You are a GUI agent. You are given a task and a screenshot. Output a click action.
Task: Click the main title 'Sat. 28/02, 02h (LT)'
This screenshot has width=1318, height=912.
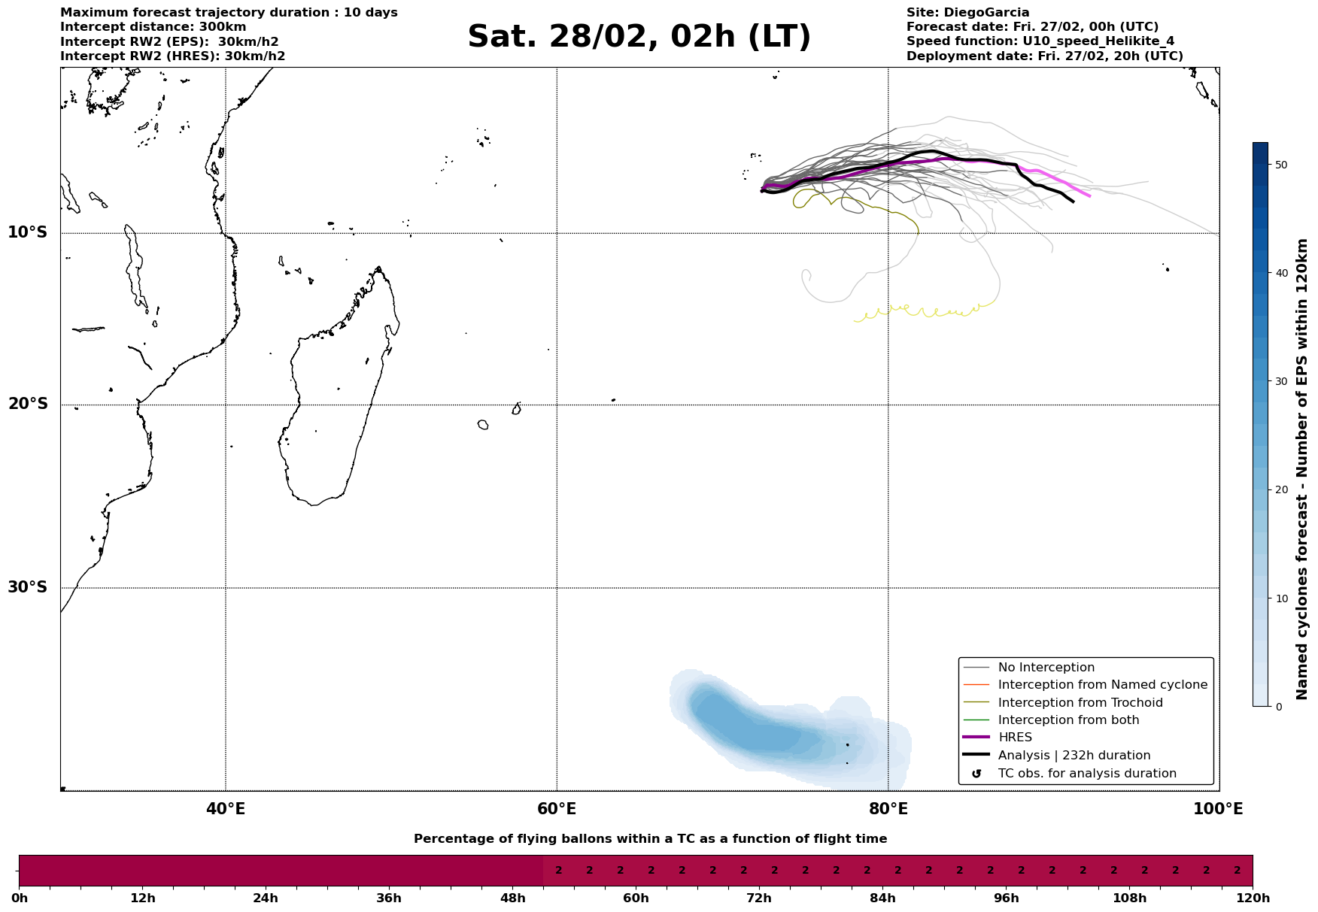pyautogui.click(x=639, y=37)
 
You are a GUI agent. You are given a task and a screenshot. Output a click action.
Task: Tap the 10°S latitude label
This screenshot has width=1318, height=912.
pyautogui.click(x=28, y=232)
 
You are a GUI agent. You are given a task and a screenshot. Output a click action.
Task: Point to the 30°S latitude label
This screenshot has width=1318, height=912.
pyautogui.click(x=28, y=587)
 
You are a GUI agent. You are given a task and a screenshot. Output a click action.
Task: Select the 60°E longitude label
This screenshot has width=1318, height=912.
pyautogui.click(x=557, y=810)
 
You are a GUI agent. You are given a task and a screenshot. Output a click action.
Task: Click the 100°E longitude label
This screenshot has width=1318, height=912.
pyautogui.click(x=1218, y=810)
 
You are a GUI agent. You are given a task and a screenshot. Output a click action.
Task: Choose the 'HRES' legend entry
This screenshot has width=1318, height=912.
pyautogui.click(x=1015, y=738)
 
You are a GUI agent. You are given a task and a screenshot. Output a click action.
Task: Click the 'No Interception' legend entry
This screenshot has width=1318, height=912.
pyautogui.click(x=1046, y=668)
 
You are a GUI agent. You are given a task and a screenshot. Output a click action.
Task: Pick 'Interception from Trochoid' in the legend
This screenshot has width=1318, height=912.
pyautogui.click(x=1080, y=703)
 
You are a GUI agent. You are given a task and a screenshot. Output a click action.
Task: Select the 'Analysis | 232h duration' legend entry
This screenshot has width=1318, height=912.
pyautogui.click(x=1074, y=756)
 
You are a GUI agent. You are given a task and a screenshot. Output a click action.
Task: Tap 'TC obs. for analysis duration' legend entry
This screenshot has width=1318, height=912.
pyautogui.click(x=1086, y=774)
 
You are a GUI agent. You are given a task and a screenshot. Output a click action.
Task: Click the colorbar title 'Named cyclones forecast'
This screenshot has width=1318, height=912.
pyautogui.click(x=1303, y=469)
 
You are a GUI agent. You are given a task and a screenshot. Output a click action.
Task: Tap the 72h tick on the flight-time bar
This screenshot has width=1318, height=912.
pyautogui.click(x=758, y=898)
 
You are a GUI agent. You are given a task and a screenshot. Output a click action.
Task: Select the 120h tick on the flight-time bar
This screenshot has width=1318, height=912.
pyautogui.click(x=1252, y=898)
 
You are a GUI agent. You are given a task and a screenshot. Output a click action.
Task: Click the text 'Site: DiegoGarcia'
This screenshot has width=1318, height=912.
pyautogui.click(x=967, y=13)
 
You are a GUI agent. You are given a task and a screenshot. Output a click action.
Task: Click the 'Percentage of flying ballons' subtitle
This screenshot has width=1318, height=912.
pyautogui.click(x=650, y=839)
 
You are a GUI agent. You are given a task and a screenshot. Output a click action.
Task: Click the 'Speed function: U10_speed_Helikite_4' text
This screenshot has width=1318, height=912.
pyautogui.click(x=1040, y=41)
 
